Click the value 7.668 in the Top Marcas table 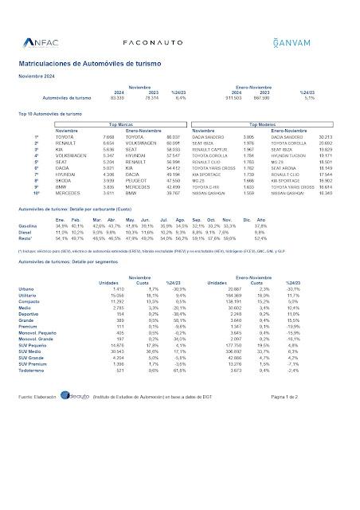109,137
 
